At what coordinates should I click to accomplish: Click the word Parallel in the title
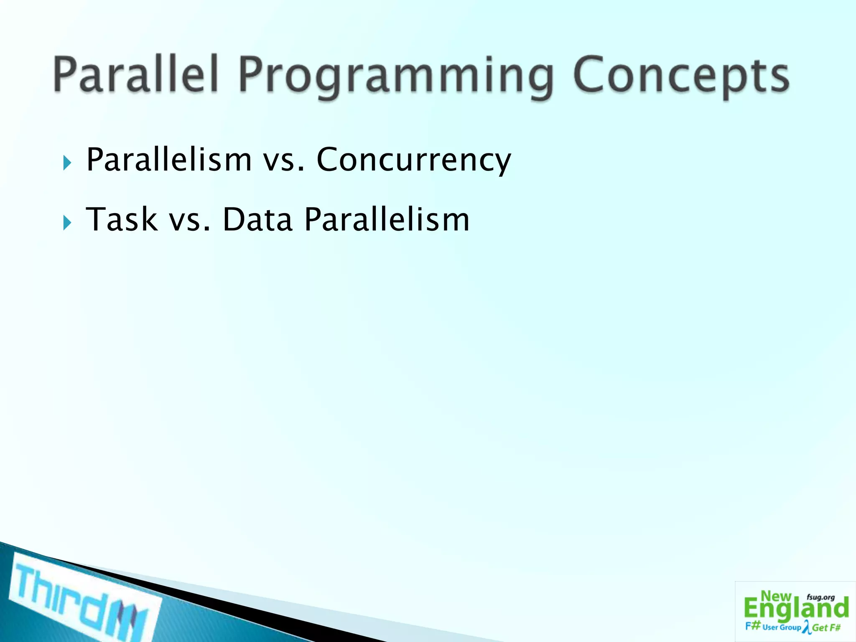tap(136, 75)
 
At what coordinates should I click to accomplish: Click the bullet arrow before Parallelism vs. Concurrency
tap(67, 163)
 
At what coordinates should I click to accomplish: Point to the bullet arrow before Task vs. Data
tap(67, 223)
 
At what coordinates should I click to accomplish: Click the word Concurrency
tap(414, 160)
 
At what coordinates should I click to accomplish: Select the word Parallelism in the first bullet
tap(169, 159)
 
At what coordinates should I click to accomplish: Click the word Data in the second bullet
tap(257, 219)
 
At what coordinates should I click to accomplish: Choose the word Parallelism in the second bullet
tap(387, 219)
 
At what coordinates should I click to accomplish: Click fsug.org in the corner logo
tap(820, 597)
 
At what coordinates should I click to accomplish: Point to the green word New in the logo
tap(776, 596)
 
